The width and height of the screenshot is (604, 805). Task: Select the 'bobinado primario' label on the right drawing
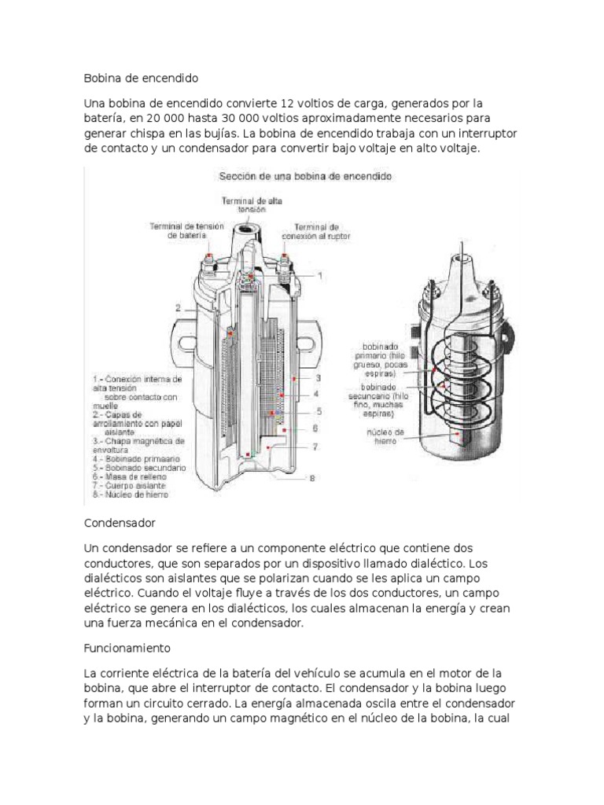click(381, 355)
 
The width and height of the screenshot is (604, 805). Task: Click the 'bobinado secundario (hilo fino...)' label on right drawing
click(383, 399)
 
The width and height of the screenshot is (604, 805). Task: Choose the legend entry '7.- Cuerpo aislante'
click(134, 486)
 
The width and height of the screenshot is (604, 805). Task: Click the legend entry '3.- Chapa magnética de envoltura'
click(138, 444)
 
